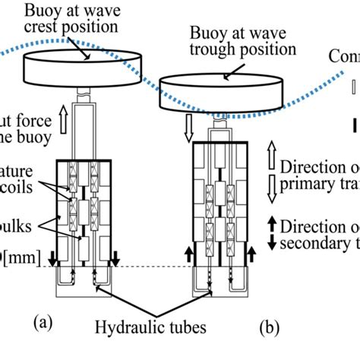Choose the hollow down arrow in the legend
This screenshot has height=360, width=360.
click(x=270, y=186)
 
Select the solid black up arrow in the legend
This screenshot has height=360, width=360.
click(x=270, y=226)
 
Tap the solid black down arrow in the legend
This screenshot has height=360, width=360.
click(x=270, y=242)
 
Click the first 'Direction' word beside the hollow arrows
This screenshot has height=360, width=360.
click(x=311, y=166)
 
